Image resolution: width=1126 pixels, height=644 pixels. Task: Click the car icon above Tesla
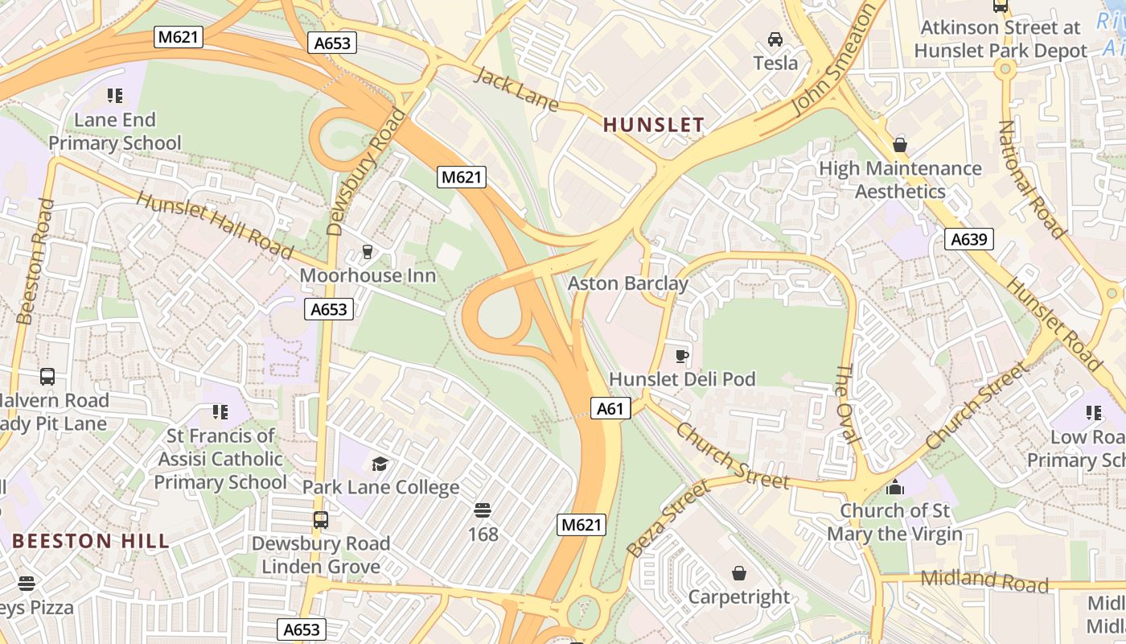(775, 39)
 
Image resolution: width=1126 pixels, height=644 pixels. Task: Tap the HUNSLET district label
(653, 125)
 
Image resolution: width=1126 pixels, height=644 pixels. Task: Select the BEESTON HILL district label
(91, 541)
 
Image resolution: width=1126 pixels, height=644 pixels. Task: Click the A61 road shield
(610, 409)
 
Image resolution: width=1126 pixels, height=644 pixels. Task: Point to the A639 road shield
(971, 239)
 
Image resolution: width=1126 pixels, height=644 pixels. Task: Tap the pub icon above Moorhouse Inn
(368, 252)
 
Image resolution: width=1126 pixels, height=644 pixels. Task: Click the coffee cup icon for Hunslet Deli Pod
(682, 355)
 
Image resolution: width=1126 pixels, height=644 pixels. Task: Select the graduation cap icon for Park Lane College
(380, 464)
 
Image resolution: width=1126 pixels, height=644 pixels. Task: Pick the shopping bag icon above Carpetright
(739, 573)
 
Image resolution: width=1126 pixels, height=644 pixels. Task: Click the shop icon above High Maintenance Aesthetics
(900, 145)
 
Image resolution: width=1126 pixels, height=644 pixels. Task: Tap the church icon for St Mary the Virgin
(894, 487)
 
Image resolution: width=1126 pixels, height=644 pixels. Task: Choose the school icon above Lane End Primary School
(115, 96)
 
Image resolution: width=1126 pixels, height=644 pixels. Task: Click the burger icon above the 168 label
(483, 510)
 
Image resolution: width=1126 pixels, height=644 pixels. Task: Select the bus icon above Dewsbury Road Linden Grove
(321, 520)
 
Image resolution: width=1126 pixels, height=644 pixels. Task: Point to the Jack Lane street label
(516, 87)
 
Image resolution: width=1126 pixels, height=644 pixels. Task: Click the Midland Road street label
(984, 580)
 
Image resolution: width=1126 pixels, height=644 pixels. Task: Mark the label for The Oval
(849, 403)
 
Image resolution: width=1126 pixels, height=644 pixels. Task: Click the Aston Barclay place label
(628, 283)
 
